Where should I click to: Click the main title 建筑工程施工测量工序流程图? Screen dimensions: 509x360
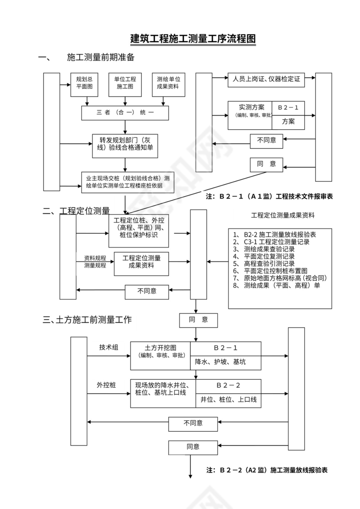pyautogui.click(x=193, y=39)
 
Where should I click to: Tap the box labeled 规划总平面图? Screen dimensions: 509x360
pyautogui.click(x=85, y=83)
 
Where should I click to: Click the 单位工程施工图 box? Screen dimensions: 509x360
pyautogui.click(x=125, y=83)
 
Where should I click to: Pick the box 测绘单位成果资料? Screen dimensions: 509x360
pyautogui.click(x=168, y=83)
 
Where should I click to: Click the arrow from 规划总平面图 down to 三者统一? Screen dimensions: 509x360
pyautogui.click(x=87, y=101)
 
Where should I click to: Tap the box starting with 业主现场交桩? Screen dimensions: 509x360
pyautogui.click(x=128, y=182)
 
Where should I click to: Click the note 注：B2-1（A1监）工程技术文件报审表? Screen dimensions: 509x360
pyautogui.click(x=269, y=196)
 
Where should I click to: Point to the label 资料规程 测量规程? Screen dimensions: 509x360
pyautogui.click(x=95, y=261)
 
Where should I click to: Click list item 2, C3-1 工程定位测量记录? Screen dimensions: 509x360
pyautogui.click(x=271, y=242)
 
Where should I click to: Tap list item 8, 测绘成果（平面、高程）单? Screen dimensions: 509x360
pyautogui.click(x=276, y=285)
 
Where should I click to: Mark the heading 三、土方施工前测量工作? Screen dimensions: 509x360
pyautogui.click(x=87, y=320)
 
